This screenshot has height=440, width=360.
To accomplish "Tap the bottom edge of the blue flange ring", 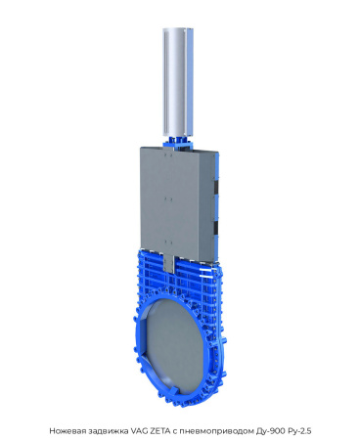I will [x=186, y=401].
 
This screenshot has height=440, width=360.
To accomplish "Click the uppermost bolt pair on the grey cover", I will [x=167, y=159].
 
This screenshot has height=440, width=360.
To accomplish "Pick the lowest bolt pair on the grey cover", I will [x=167, y=238].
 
